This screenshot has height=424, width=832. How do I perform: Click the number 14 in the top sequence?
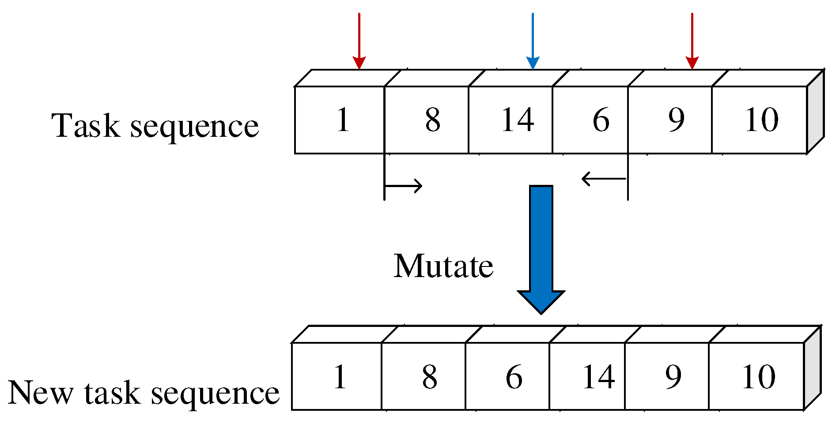517,120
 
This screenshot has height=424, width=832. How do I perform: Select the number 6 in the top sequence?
601,120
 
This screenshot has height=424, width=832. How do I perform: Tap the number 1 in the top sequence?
343,120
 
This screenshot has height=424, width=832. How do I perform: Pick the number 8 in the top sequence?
433,120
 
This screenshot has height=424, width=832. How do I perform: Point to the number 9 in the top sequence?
676,120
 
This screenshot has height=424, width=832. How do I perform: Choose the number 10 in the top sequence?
761,120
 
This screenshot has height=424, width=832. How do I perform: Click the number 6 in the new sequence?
514,377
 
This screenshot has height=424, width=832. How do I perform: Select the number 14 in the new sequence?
598,377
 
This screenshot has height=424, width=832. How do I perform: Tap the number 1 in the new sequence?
340,377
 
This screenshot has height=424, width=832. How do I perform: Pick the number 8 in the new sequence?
430,377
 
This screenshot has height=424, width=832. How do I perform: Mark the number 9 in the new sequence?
673,377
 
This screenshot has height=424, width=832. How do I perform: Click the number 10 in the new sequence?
758,377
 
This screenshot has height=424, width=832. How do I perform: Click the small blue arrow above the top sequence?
533,42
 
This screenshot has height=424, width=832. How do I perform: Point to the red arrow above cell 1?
359,42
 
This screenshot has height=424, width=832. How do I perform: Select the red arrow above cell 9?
692,42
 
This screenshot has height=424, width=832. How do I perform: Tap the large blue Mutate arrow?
541,247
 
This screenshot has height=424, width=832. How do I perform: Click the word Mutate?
443,266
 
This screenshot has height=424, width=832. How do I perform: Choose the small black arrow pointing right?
404,186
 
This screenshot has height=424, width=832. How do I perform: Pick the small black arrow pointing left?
604,179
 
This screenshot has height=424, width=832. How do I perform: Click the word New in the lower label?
41,392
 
